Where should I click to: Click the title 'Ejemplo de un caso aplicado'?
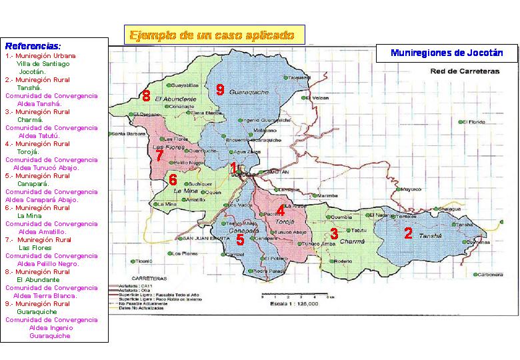coord(212,35)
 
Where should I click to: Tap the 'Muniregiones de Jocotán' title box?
coord(446,53)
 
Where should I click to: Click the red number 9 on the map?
coord(219,90)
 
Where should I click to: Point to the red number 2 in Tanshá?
coord(408,233)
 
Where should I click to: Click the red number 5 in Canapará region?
coord(240,240)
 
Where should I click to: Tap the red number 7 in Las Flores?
coord(159,156)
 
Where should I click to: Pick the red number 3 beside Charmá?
coord(334,233)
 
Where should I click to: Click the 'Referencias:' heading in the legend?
coord(33,47)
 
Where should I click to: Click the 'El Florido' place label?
coord(474,121)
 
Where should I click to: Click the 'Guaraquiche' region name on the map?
coord(248,91)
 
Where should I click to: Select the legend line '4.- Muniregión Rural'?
coord(37,143)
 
